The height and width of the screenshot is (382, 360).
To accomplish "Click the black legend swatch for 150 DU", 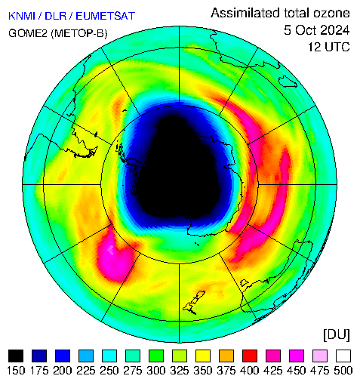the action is coord(16,356).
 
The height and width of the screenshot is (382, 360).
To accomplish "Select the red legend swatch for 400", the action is coord(250,356).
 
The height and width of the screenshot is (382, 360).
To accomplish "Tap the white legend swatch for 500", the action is coord(343,356).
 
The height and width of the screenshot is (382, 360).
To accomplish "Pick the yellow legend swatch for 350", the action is coord(203,356).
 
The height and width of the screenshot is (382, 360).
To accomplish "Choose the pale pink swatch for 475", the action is coord(320,356).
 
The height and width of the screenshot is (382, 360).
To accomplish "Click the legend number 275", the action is coord(133,371).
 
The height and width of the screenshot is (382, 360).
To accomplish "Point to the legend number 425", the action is coord(273,371).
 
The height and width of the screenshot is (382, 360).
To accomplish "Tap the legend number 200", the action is coord(63,371).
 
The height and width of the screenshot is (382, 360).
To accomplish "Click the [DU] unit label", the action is coord(337,335).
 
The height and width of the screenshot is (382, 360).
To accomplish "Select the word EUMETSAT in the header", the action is coord(106,16).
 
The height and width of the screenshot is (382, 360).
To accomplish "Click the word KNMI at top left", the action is coord(22,16).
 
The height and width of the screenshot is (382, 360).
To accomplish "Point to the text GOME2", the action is coord(28,33).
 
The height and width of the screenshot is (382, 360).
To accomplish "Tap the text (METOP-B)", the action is coord(79,33).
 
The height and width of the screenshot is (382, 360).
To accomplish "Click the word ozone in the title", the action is coord(331,13).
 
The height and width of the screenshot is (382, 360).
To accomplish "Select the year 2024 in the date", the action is coord(331,30).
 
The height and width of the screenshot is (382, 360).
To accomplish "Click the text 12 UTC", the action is coord(329,47).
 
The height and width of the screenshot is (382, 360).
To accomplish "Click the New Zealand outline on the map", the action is coord(194,303).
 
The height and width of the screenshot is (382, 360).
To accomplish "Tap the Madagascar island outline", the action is coord(288,82).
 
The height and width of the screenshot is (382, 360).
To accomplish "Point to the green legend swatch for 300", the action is coord(156,356).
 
